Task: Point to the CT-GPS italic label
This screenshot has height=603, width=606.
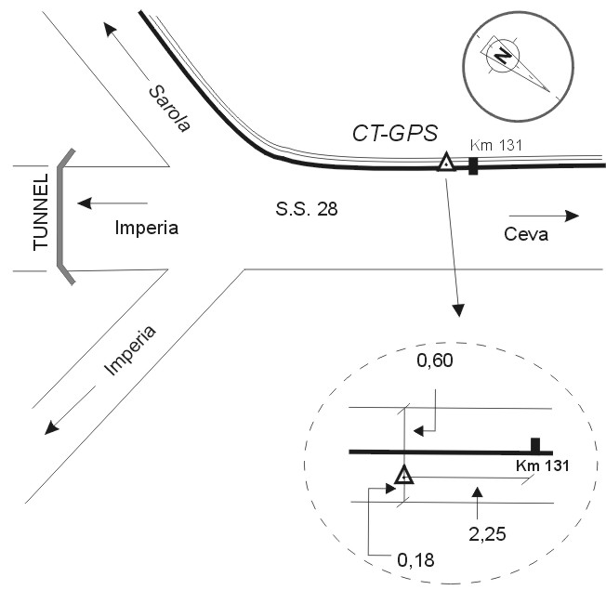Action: [393, 134]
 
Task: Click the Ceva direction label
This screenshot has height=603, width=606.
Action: [526, 234]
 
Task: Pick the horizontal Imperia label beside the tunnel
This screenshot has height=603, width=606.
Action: [146, 227]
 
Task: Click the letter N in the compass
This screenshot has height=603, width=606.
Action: [503, 56]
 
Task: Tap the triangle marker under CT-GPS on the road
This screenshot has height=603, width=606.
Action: [446, 163]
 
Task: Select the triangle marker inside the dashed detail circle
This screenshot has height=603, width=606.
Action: [404, 476]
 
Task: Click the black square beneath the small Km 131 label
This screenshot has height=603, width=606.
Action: [473, 166]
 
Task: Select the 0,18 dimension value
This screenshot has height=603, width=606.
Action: [415, 559]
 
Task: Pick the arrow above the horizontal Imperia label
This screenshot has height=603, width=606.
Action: [112, 203]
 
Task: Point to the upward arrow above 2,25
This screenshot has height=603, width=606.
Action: [477, 500]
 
